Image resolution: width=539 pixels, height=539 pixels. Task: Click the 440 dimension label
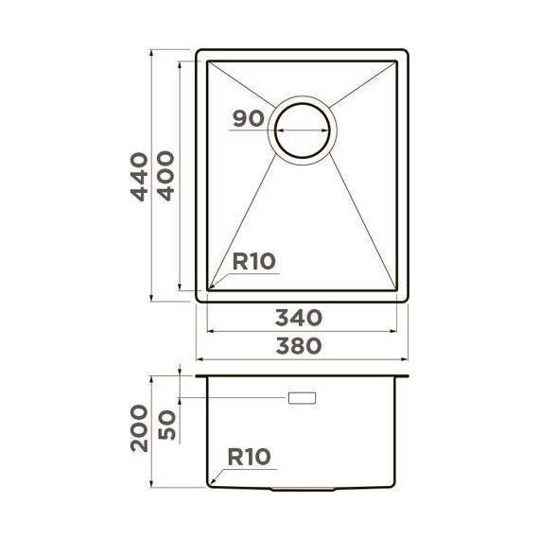(x=139, y=176)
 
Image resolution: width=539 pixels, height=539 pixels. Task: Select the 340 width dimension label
(x=301, y=317)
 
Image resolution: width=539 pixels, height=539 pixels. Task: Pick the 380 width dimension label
(x=301, y=346)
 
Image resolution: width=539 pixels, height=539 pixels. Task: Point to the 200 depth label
(x=139, y=427)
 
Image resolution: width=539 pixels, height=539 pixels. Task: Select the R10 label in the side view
(x=249, y=457)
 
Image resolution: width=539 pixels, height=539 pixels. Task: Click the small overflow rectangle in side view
(x=303, y=397)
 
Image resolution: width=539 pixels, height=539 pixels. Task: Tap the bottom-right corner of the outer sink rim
(x=408, y=301)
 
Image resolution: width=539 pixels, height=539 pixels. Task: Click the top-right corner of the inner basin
(x=395, y=62)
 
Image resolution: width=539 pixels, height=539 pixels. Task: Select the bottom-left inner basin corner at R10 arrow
(x=209, y=288)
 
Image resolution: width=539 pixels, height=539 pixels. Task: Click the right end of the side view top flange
(x=408, y=376)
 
